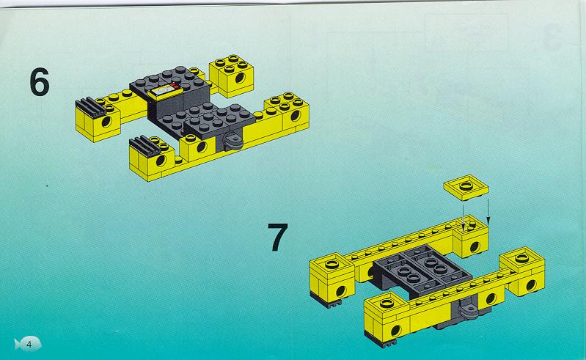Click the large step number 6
[x=40, y=82]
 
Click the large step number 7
[x=278, y=237]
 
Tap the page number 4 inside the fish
[x=29, y=344]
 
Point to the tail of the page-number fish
[x=17, y=344]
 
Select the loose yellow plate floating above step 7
[x=466, y=188]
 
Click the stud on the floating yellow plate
[x=466, y=185]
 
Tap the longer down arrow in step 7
[x=488, y=211]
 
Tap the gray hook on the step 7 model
[x=467, y=311]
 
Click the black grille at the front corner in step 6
[x=144, y=146]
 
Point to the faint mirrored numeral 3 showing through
[x=552, y=37]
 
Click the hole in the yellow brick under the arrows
[x=475, y=246]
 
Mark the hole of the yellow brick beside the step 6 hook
[x=202, y=147]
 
